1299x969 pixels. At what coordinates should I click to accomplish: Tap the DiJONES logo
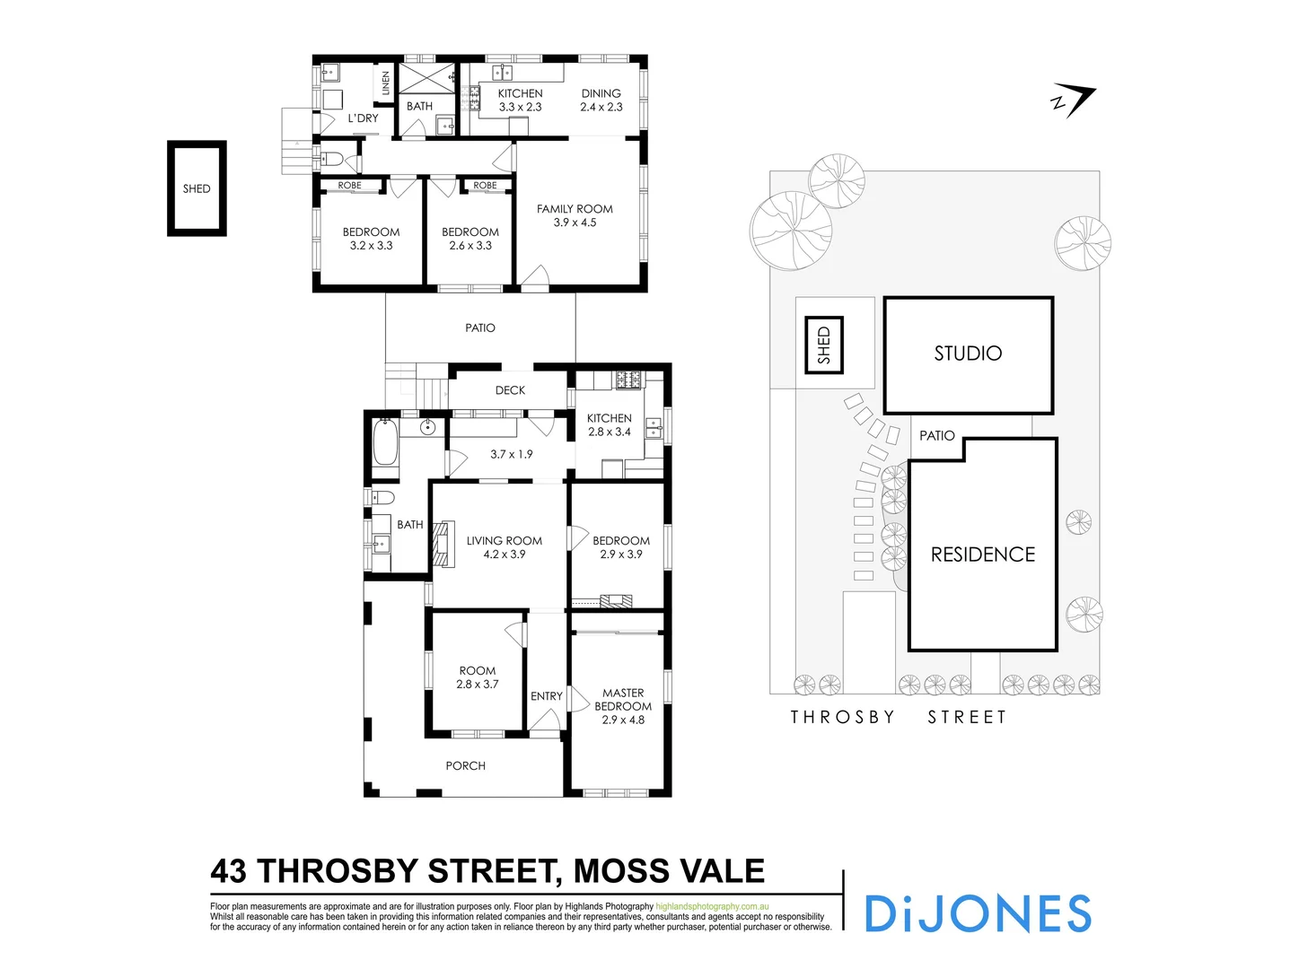point(977,913)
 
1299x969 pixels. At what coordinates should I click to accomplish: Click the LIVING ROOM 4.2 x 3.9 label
point(504,547)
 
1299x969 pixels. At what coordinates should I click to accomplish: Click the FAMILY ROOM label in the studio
point(575,215)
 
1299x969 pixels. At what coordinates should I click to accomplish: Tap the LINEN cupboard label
point(386,83)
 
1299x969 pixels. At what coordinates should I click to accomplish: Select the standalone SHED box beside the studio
point(197,188)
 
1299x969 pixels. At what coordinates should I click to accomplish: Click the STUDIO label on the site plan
point(968,354)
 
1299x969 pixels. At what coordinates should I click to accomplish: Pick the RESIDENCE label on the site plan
point(982,554)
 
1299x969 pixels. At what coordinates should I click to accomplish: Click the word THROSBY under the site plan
point(842,717)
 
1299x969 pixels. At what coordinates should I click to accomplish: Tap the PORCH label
point(465,765)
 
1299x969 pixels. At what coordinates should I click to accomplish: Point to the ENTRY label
point(546,696)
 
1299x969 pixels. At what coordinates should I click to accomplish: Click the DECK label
point(510,390)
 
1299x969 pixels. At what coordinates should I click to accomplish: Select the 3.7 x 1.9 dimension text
point(511,454)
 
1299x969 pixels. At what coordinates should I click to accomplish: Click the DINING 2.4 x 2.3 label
point(601,100)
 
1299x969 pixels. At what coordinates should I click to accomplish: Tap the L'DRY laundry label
point(363,118)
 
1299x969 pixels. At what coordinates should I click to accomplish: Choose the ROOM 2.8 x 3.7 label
point(477,677)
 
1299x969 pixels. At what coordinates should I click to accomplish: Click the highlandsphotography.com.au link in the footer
point(712,906)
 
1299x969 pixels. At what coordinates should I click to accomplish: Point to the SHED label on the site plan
point(823,345)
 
